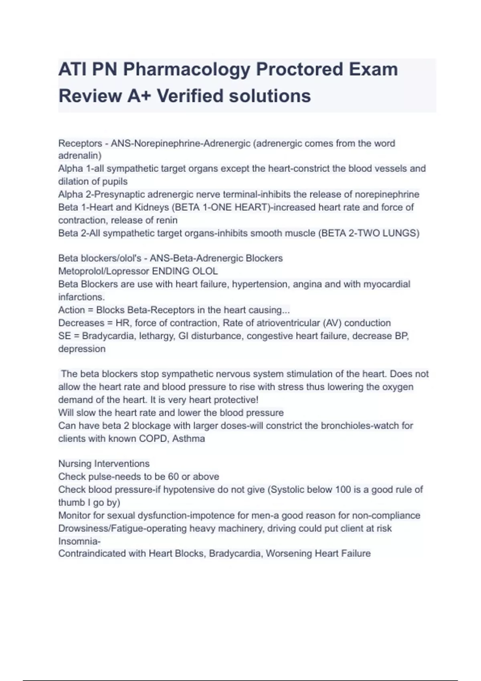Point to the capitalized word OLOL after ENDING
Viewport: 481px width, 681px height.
(x=205, y=271)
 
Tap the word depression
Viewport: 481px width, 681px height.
(x=82, y=349)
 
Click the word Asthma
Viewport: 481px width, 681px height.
(x=188, y=439)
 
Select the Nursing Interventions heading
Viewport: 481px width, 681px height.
(x=104, y=464)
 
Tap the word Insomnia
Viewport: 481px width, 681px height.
(x=79, y=541)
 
